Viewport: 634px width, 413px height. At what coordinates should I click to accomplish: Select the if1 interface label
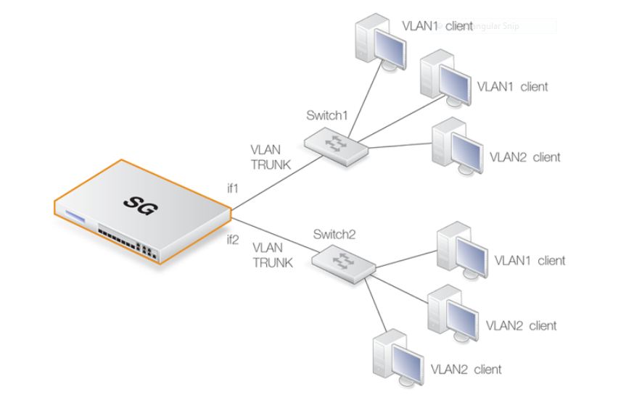[234, 189]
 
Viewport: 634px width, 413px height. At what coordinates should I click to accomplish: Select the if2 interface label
[233, 241]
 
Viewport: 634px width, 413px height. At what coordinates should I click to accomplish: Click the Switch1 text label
[328, 116]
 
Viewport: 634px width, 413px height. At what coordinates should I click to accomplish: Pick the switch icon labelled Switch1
[336, 142]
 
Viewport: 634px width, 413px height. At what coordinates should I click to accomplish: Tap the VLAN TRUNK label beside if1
[271, 158]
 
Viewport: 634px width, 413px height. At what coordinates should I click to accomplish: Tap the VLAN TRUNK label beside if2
[273, 256]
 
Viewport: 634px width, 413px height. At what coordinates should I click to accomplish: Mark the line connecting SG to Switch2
[272, 233]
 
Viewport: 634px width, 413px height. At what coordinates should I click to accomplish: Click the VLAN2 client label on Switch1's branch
[524, 157]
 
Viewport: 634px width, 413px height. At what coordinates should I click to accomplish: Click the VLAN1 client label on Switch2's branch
[530, 260]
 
